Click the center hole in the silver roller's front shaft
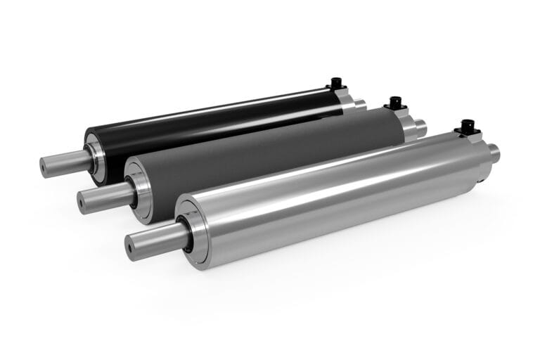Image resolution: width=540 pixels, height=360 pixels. pyautogui.click(x=131, y=247)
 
